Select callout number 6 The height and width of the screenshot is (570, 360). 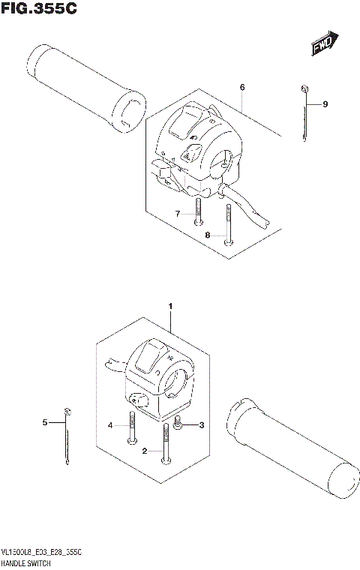(242, 88)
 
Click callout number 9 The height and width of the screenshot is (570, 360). (326, 103)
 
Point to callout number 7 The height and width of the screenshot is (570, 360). (178, 214)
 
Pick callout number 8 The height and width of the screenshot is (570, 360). (208, 235)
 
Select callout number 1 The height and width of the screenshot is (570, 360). (170, 306)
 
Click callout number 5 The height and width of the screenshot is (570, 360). (44, 423)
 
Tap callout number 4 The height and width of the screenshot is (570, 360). (110, 425)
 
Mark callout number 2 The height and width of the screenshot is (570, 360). (145, 451)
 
